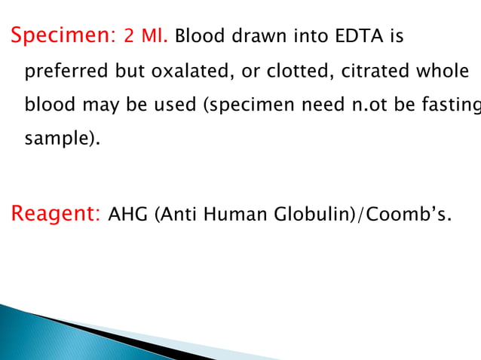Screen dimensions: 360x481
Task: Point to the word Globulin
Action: [316, 215]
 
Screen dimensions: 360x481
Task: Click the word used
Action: [174, 106]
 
